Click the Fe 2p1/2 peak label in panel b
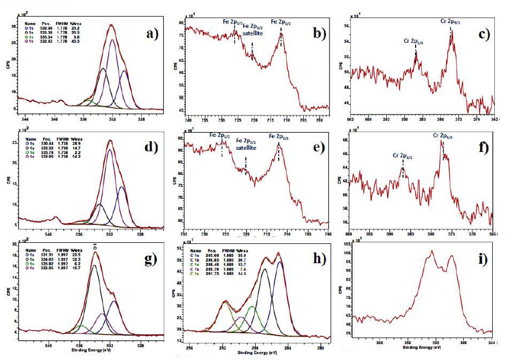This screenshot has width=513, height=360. [x=234, y=21]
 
